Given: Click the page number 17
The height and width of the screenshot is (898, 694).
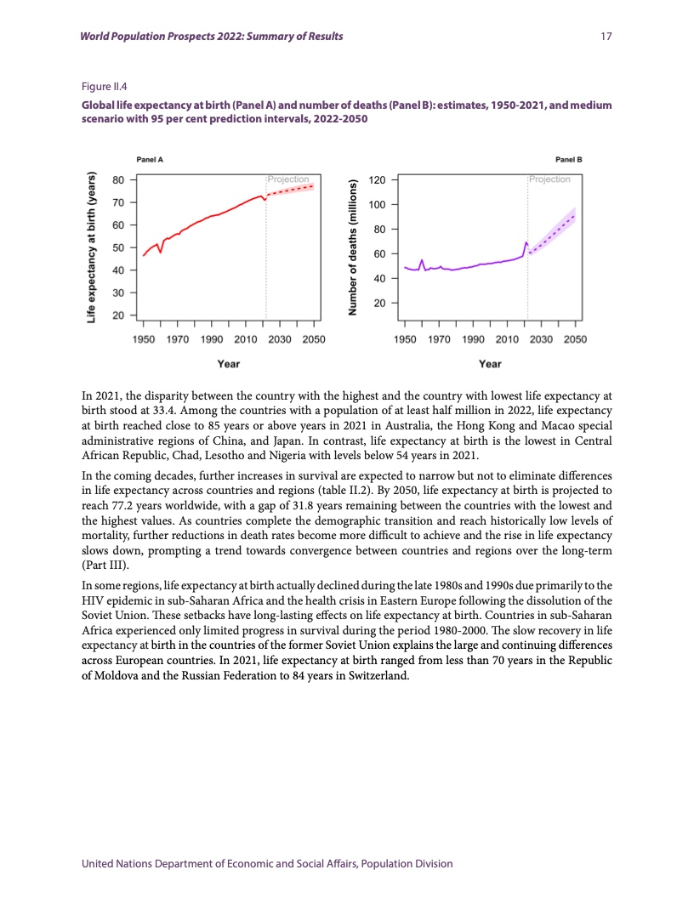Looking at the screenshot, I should point(606,37).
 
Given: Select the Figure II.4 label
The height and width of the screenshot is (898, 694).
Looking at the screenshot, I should point(102,86).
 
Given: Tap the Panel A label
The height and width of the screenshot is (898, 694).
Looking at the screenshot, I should point(150,159).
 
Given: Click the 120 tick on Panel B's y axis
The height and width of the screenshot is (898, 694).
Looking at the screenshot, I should point(376,180).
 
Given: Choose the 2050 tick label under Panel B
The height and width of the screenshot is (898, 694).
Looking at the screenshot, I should point(575,340).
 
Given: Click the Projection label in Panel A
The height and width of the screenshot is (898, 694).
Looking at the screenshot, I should point(288,179).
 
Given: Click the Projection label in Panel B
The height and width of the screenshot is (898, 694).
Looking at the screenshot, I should point(549,179).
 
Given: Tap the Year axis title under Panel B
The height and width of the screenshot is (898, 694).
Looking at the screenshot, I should point(490,364).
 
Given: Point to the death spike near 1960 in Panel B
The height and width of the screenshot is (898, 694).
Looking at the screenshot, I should point(422,260).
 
